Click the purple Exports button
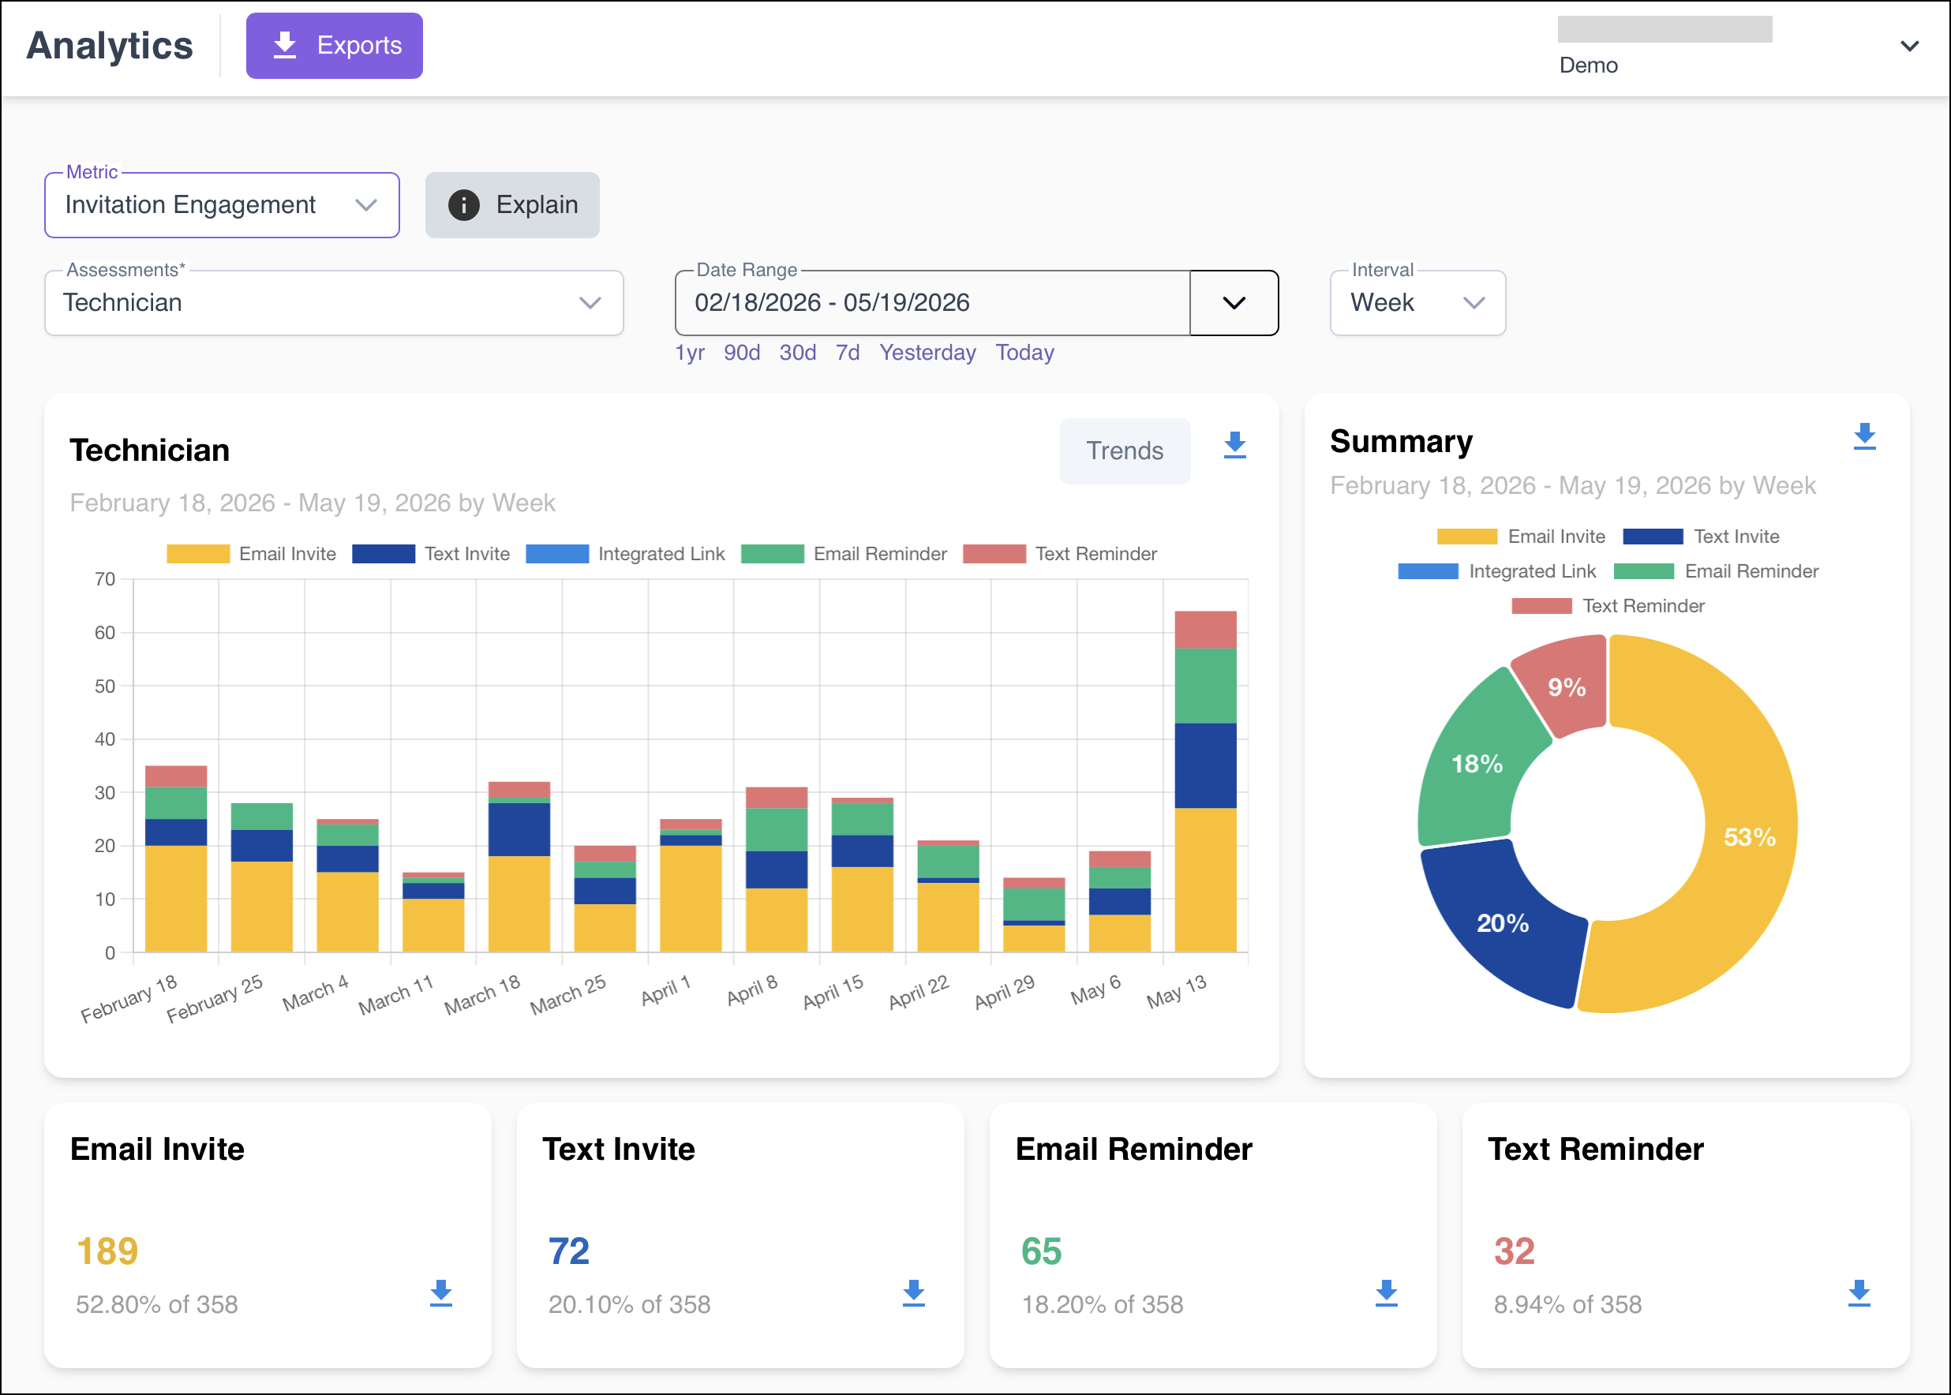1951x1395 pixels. (334, 46)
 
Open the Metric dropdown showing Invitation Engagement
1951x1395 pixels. (222, 205)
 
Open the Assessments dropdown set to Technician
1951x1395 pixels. (333, 302)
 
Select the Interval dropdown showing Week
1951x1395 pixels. (1417, 302)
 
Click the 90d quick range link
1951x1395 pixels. (741, 352)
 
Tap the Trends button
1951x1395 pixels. (1125, 451)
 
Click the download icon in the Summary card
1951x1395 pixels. (1864, 436)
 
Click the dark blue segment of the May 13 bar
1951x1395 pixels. (1205, 765)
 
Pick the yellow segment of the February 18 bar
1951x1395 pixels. (176, 899)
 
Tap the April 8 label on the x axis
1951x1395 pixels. (751, 990)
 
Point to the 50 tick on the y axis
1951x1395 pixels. (105, 686)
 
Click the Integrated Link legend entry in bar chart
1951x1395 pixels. (625, 554)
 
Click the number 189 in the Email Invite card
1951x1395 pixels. (107, 1251)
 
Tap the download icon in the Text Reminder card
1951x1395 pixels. (1859, 1292)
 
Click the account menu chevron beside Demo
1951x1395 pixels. (1909, 47)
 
